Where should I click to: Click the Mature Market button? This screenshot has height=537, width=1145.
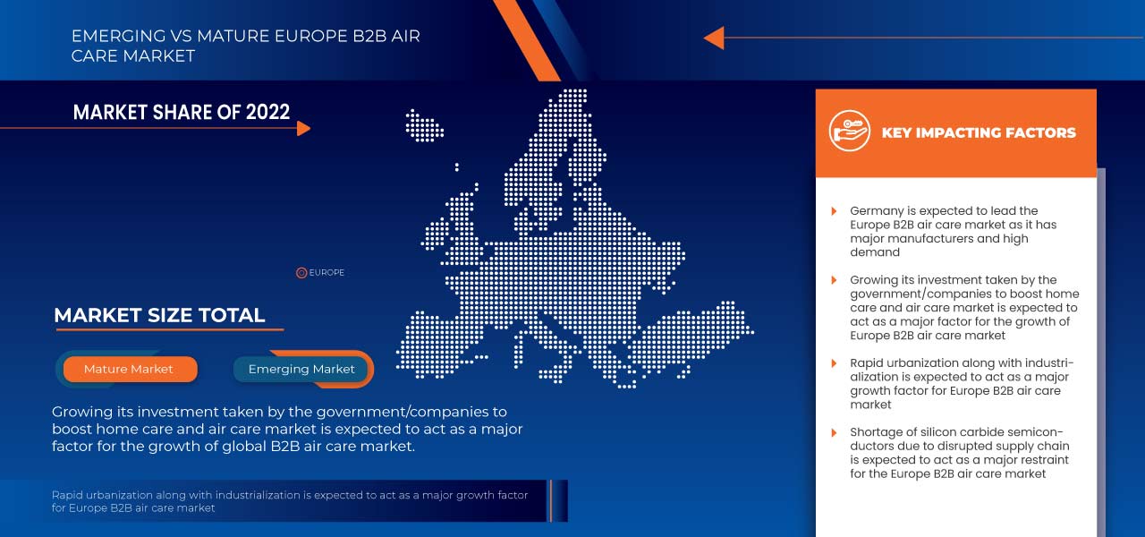129,369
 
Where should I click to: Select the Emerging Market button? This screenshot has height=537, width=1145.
301,369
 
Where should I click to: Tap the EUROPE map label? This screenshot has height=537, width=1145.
327,273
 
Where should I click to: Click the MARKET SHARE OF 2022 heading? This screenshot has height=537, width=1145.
182,112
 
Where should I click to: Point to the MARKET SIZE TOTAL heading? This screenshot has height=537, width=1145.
159,315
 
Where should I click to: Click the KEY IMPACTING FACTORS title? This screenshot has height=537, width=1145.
979,132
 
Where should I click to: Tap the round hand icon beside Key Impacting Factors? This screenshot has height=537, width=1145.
849,132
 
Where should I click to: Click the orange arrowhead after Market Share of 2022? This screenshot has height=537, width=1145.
303,128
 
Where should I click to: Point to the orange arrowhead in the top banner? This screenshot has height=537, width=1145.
713,38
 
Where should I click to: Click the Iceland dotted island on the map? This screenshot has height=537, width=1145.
424,125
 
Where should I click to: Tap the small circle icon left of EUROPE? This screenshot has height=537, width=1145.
301,273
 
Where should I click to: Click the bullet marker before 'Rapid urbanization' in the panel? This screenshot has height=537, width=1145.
834,363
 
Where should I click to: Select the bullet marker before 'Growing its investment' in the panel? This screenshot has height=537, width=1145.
834,280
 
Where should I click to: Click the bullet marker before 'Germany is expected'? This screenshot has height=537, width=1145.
834,211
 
